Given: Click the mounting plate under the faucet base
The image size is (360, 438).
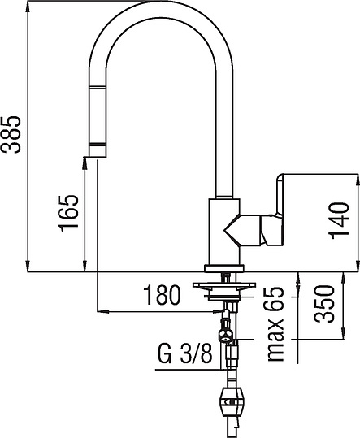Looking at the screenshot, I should (x=223, y=285).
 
